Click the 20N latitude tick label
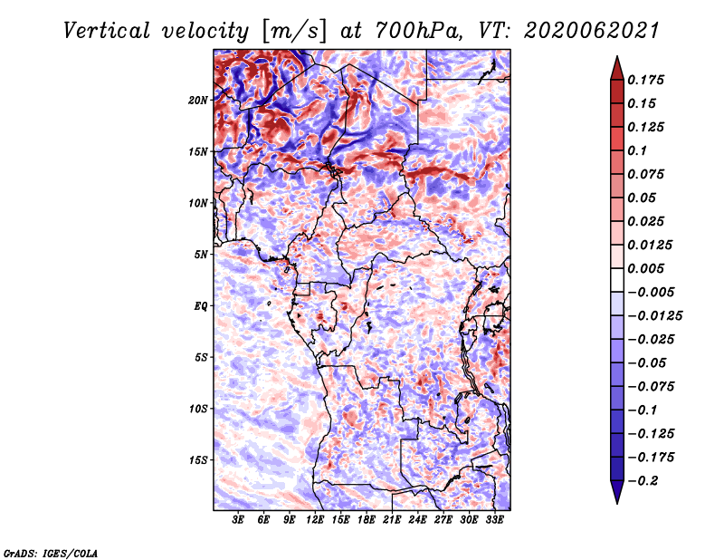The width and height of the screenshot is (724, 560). point(198,101)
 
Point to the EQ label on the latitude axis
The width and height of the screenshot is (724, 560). point(201,306)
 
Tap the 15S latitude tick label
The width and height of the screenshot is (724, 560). point(198,460)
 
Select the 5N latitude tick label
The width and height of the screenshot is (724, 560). point(201,255)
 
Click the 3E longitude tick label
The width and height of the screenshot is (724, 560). point(238,520)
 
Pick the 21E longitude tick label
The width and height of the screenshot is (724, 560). point(392,520)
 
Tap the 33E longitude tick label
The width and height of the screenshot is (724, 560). point(494,520)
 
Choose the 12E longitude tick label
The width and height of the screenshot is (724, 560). point(314,520)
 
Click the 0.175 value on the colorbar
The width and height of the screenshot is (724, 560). point(645,80)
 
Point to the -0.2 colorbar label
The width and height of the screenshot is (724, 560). point(643,481)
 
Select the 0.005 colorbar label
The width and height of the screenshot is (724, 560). point(645,268)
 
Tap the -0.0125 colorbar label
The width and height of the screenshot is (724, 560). point(654,316)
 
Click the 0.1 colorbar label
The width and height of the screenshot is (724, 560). point(637,150)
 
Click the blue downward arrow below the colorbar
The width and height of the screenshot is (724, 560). point(617,492)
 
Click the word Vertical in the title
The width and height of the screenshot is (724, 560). point(107,31)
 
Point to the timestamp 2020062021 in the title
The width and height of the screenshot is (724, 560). point(592,31)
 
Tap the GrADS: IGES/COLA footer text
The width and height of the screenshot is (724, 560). point(51,553)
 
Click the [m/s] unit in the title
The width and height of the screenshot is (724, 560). point(293,32)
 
